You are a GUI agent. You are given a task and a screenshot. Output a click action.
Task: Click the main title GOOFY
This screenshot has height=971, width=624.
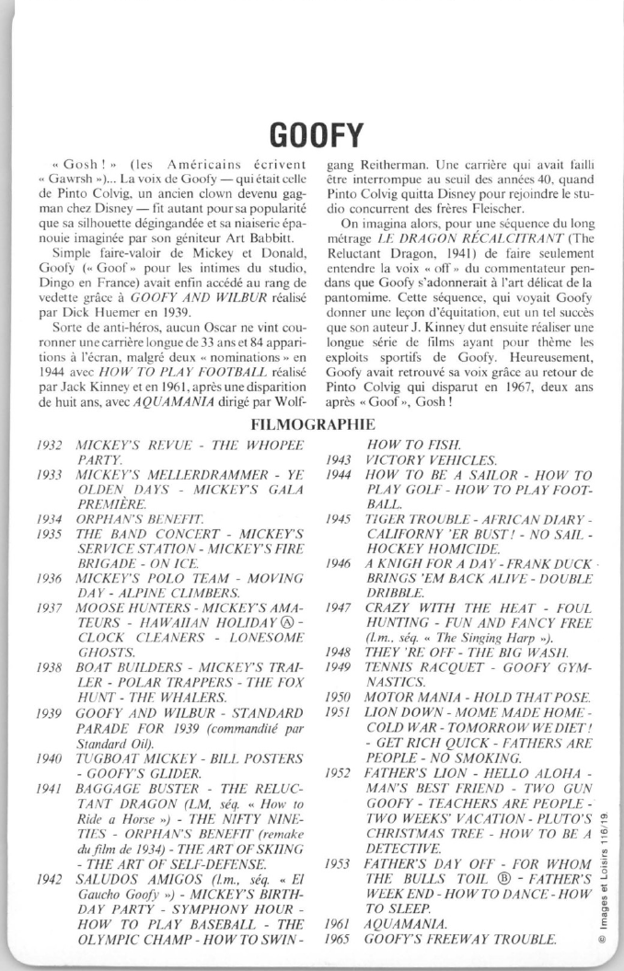click(x=312, y=133)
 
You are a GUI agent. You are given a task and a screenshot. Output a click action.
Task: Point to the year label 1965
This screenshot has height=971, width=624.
click(x=339, y=940)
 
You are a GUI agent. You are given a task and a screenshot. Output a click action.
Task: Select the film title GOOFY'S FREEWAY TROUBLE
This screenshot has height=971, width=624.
click(x=460, y=940)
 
